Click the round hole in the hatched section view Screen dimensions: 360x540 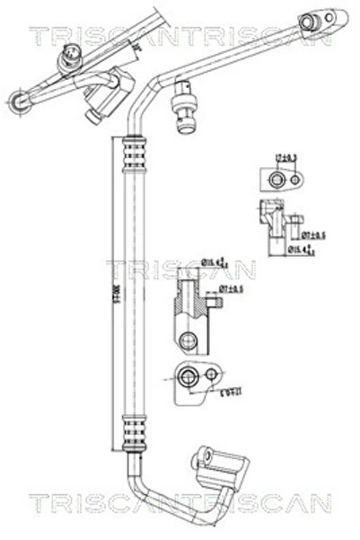click(189, 340)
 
